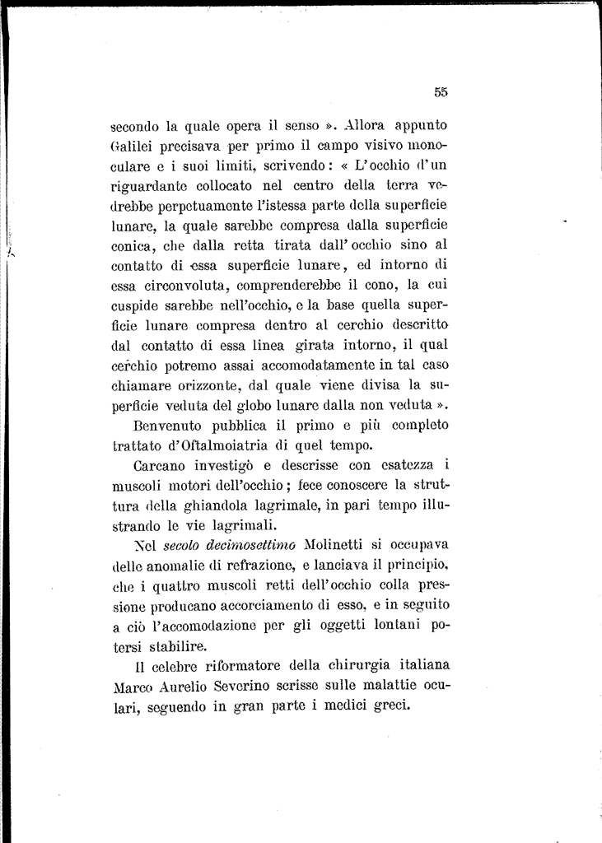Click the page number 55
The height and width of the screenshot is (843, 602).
point(441,93)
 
